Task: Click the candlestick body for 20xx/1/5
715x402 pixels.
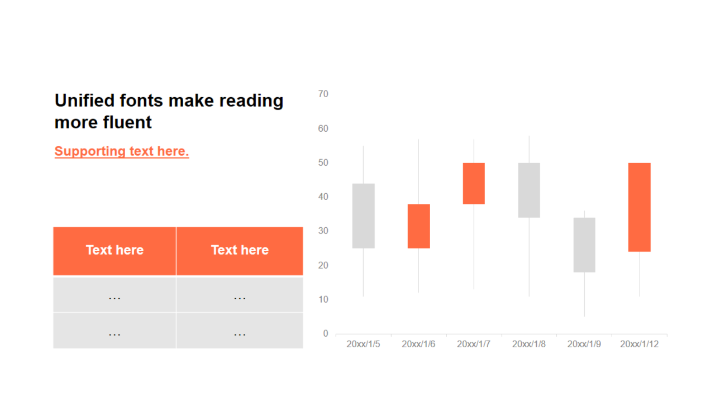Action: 363,216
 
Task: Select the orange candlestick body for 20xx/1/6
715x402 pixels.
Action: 418,226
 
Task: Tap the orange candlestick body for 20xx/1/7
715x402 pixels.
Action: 474,184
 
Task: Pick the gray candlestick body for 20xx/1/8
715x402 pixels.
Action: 529,190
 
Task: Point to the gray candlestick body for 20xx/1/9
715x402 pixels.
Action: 584,245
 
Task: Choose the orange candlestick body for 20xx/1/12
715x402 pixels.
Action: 640,207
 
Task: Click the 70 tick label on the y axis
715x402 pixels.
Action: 323,94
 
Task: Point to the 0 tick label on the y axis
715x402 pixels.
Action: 326,333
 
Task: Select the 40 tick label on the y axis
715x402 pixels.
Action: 323,197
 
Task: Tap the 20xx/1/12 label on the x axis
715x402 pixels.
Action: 640,344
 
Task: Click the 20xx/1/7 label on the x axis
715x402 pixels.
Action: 474,344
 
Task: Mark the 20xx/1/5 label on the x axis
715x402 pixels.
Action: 363,344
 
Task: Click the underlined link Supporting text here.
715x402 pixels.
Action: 122,151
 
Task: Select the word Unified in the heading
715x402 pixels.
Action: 84,100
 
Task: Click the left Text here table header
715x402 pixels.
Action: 115,250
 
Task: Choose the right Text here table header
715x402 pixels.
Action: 240,250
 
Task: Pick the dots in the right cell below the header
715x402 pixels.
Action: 240,299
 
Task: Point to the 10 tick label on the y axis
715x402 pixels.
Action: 323,300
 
